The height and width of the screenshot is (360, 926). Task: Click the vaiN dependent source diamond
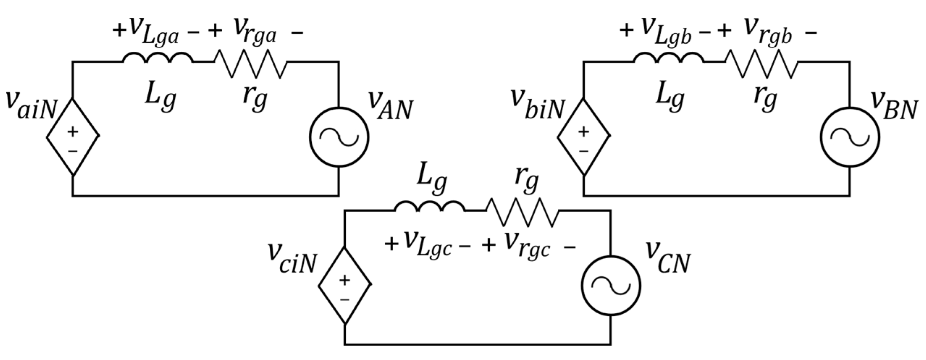[x=73, y=137]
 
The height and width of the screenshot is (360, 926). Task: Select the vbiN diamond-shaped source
[x=584, y=137]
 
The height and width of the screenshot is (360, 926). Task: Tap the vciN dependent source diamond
[x=345, y=285]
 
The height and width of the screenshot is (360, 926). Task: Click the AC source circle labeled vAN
[x=339, y=137]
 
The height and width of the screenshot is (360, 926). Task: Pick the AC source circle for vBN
[x=849, y=137]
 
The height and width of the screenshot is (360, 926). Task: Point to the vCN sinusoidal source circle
[x=610, y=285]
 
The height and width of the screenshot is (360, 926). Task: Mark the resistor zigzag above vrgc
[x=523, y=212]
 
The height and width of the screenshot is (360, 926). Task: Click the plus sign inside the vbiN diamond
[x=584, y=132]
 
